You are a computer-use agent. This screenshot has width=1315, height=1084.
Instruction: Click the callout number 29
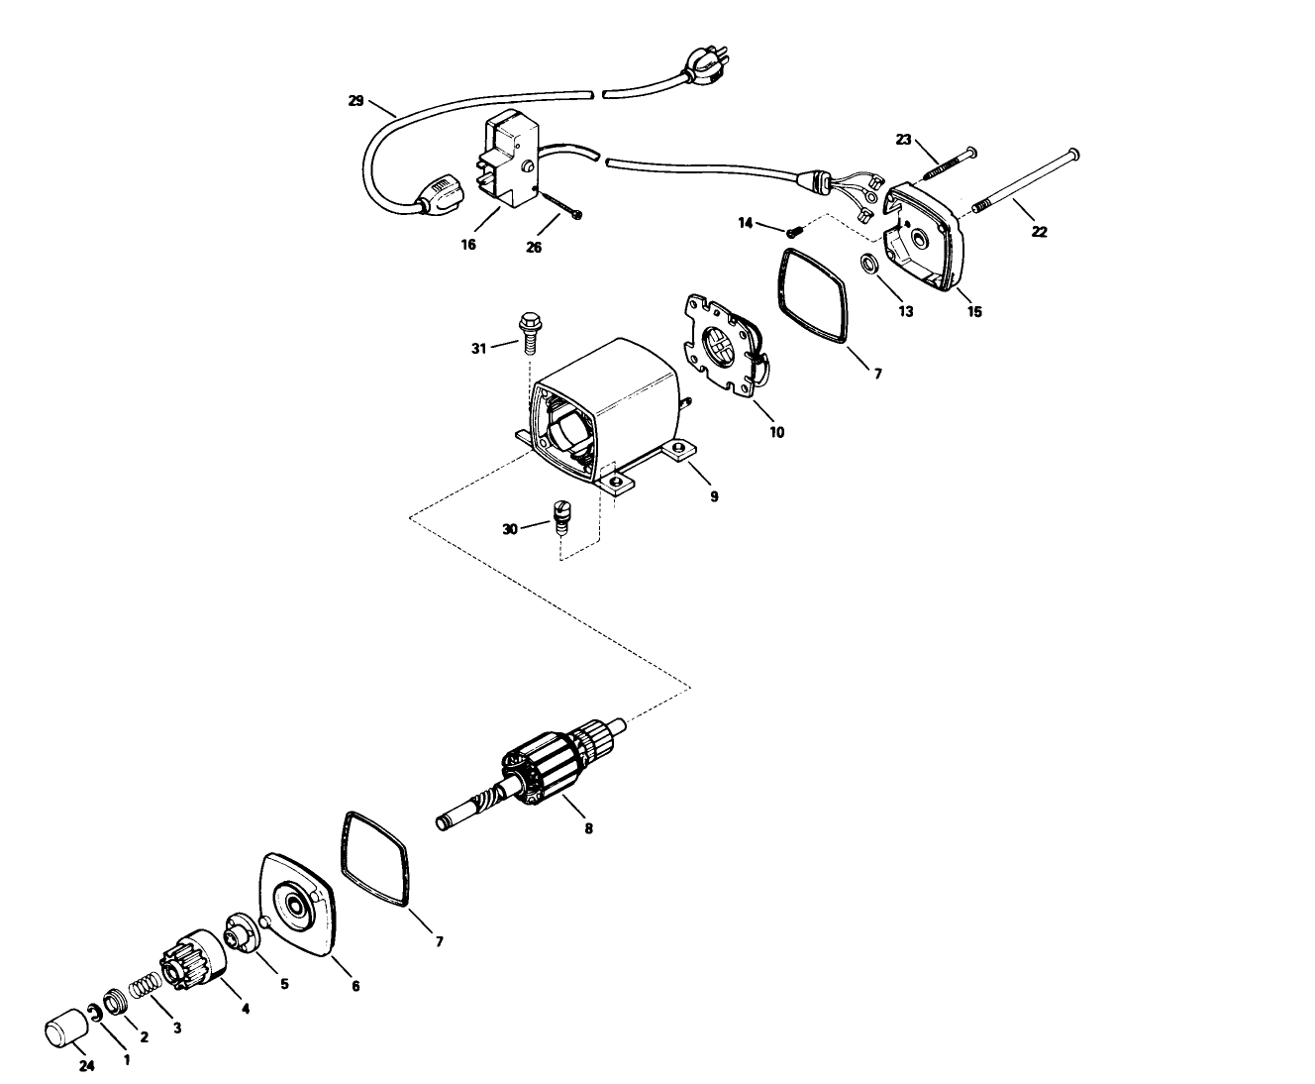tap(356, 100)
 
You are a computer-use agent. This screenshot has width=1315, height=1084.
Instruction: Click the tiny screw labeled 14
tap(793, 232)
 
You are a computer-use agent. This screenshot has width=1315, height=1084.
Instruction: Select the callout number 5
tap(284, 984)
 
